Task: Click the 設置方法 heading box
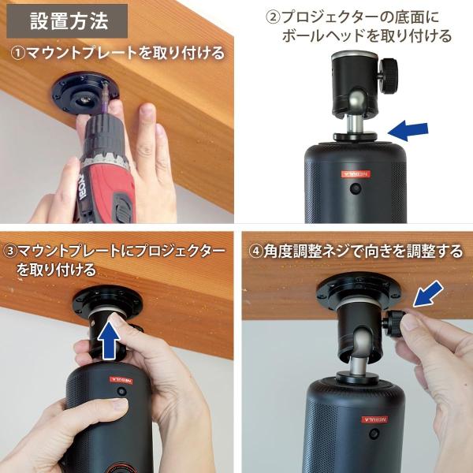point(67,21)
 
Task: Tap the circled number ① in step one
point(17,54)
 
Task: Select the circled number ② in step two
point(273,17)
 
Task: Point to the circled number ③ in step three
point(10,251)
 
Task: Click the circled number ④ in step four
point(255,251)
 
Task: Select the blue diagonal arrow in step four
point(428,293)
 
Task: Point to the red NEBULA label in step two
point(356,174)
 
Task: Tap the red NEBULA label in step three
point(121,380)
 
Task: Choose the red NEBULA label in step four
point(375,419)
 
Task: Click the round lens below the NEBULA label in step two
point(356,188)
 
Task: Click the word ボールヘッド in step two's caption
point(323,36)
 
